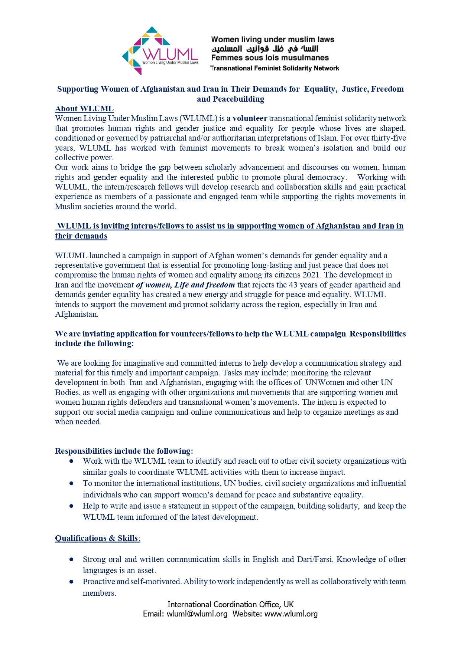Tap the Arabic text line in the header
coord(265,49)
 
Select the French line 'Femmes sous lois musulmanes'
coord(270,58)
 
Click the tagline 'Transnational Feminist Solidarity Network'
coord(275,68)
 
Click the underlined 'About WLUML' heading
coord(84,109)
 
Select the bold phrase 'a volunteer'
coord(247,118)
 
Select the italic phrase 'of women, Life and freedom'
coord(185,285)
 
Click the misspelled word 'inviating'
coord(98,334)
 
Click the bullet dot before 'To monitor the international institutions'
coord(71,483)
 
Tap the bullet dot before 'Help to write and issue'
coord(71,506)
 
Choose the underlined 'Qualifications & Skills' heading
coord(97,538)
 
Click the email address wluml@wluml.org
coord(197,614)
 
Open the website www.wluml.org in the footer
coord(291,614)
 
